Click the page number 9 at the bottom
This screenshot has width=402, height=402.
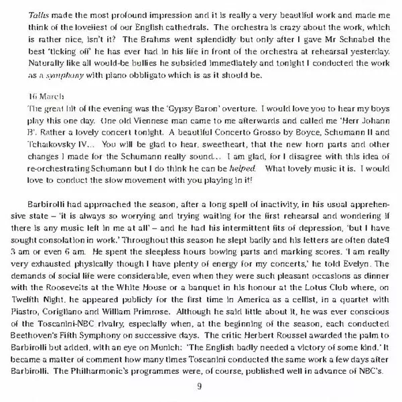point(200,387)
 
